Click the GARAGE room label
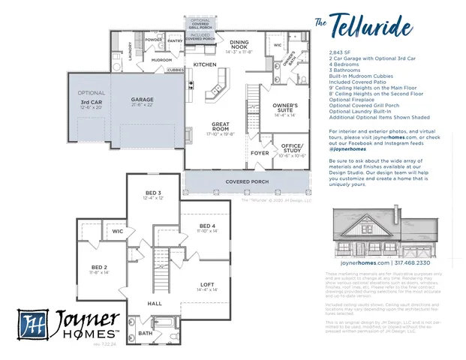click(143, 100)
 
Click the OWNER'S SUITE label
click(286, 109)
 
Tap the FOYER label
click(260, 153)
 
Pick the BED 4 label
click(208, 227)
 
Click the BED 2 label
click(100, 268)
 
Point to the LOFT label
click(208, 284)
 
